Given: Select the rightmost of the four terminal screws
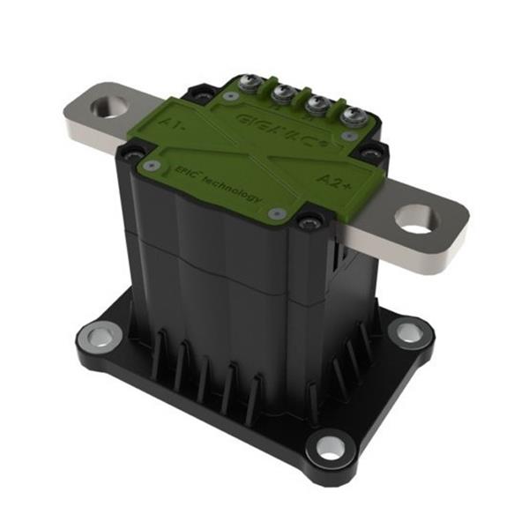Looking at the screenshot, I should [355, 115].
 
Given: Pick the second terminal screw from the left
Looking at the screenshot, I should [286, 93].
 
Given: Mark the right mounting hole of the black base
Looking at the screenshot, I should [407, 332].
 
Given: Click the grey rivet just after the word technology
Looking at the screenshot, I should [276, 212].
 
